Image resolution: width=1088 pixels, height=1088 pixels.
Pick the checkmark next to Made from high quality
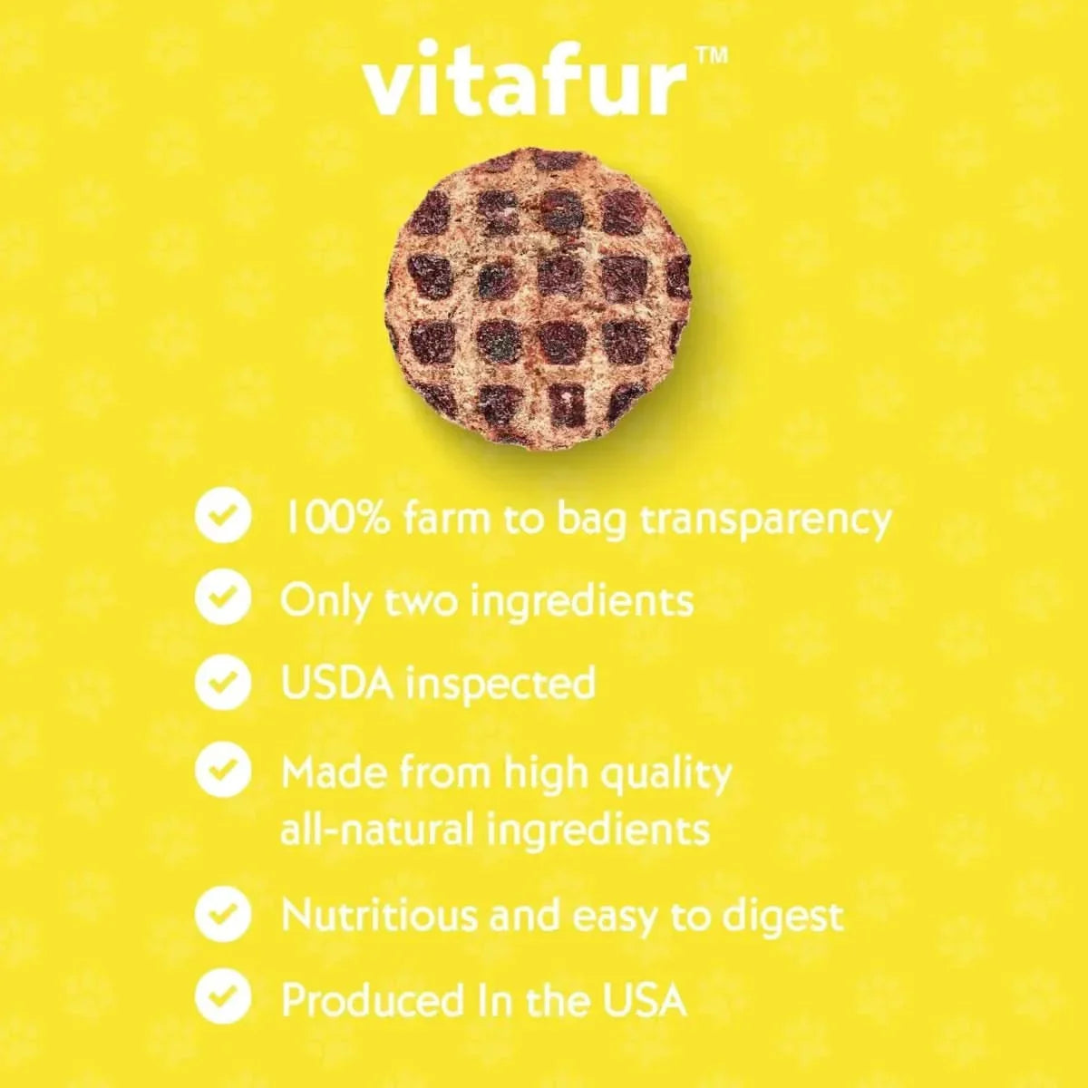point(223,770)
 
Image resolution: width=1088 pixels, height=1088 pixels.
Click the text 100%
point(338,519)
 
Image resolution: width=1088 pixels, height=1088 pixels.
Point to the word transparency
point(766,520)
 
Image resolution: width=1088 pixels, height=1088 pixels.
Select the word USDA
point(336,682)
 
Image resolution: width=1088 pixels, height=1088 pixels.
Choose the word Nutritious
point(379,915)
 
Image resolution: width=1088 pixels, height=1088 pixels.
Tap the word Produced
point(372,1000)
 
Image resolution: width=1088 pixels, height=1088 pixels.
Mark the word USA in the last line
point(644,999)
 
